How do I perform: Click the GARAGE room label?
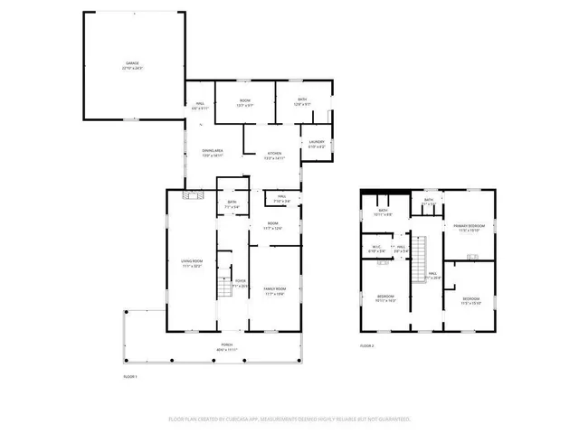click(133, 66)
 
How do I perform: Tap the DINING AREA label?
click(211, 153)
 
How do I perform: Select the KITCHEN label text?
click(273, 156)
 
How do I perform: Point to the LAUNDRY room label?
click(317, 144)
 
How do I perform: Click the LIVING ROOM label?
click(190, 265)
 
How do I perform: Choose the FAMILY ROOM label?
click(274, 290)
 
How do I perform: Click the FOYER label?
click(241, 283)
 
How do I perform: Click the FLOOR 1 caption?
click(130, 375)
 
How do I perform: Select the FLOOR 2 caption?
click(366, 345)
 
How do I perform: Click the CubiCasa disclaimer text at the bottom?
click(289, 420)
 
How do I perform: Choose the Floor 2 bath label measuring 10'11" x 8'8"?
click(383, 212)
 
